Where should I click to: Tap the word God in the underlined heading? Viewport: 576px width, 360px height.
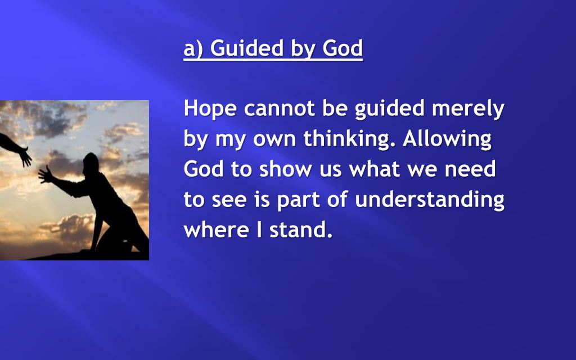(343, 48)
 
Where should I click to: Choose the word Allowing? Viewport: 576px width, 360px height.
(447, 139)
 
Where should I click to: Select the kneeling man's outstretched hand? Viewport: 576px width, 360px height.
(46, 174)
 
